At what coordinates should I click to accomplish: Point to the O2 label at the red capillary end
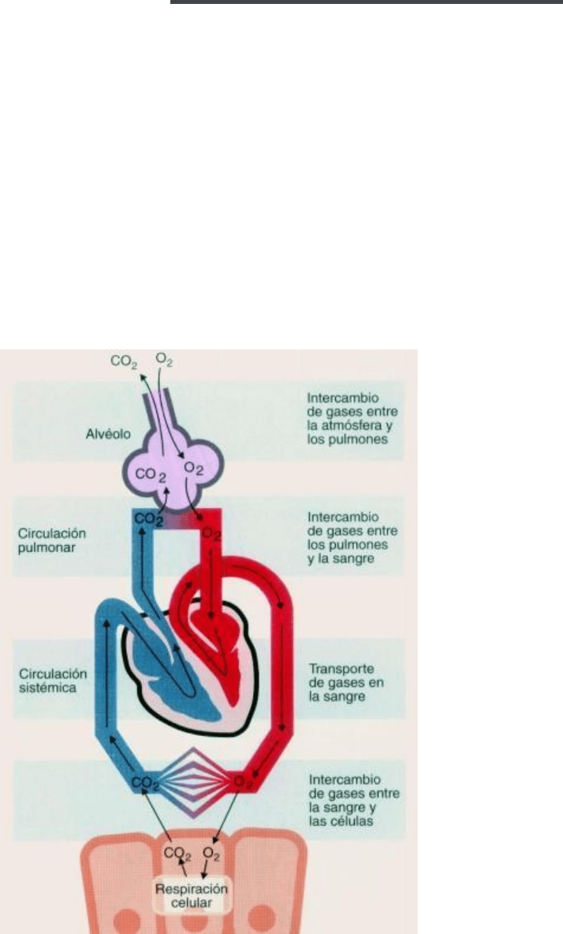click(x=243, y=783)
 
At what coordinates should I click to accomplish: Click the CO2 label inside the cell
click(x=177, y=854)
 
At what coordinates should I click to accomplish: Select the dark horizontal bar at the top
click(x=366, y=2)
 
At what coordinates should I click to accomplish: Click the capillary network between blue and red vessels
click(x=194, y=776)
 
